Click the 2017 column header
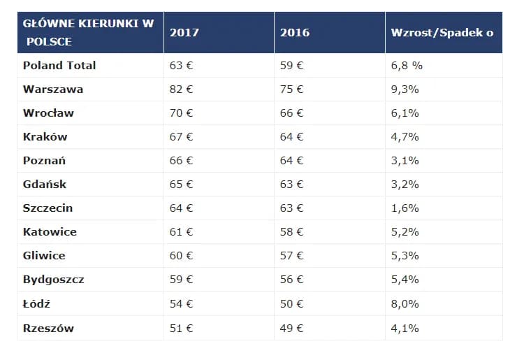click(x=184, y=33)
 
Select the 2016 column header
click(x=295, y=33)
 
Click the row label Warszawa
click(x=52, y=89)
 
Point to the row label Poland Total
click(x=59, y=66)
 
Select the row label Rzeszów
click(x=48, y=328)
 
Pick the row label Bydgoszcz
click(x=54, y=279)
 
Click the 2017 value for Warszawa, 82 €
click(x=182, y=89)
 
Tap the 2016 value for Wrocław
click(x=292, y=113)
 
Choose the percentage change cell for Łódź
click(x=405, y=304)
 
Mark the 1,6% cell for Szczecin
click(x=405, y=208)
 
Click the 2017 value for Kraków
click(x=182, y=137)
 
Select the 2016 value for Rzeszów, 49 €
click(x=292, y=328)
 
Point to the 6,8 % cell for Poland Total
click(x=407, y=66)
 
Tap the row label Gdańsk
click(x=45, y=185)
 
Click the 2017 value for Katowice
click(x=182, y=232)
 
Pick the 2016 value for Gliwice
click(x=292, y=256)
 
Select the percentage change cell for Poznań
click(x=405, y=161)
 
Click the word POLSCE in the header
click(x=49, y=42)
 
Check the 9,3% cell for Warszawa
click(x=405, y=89)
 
